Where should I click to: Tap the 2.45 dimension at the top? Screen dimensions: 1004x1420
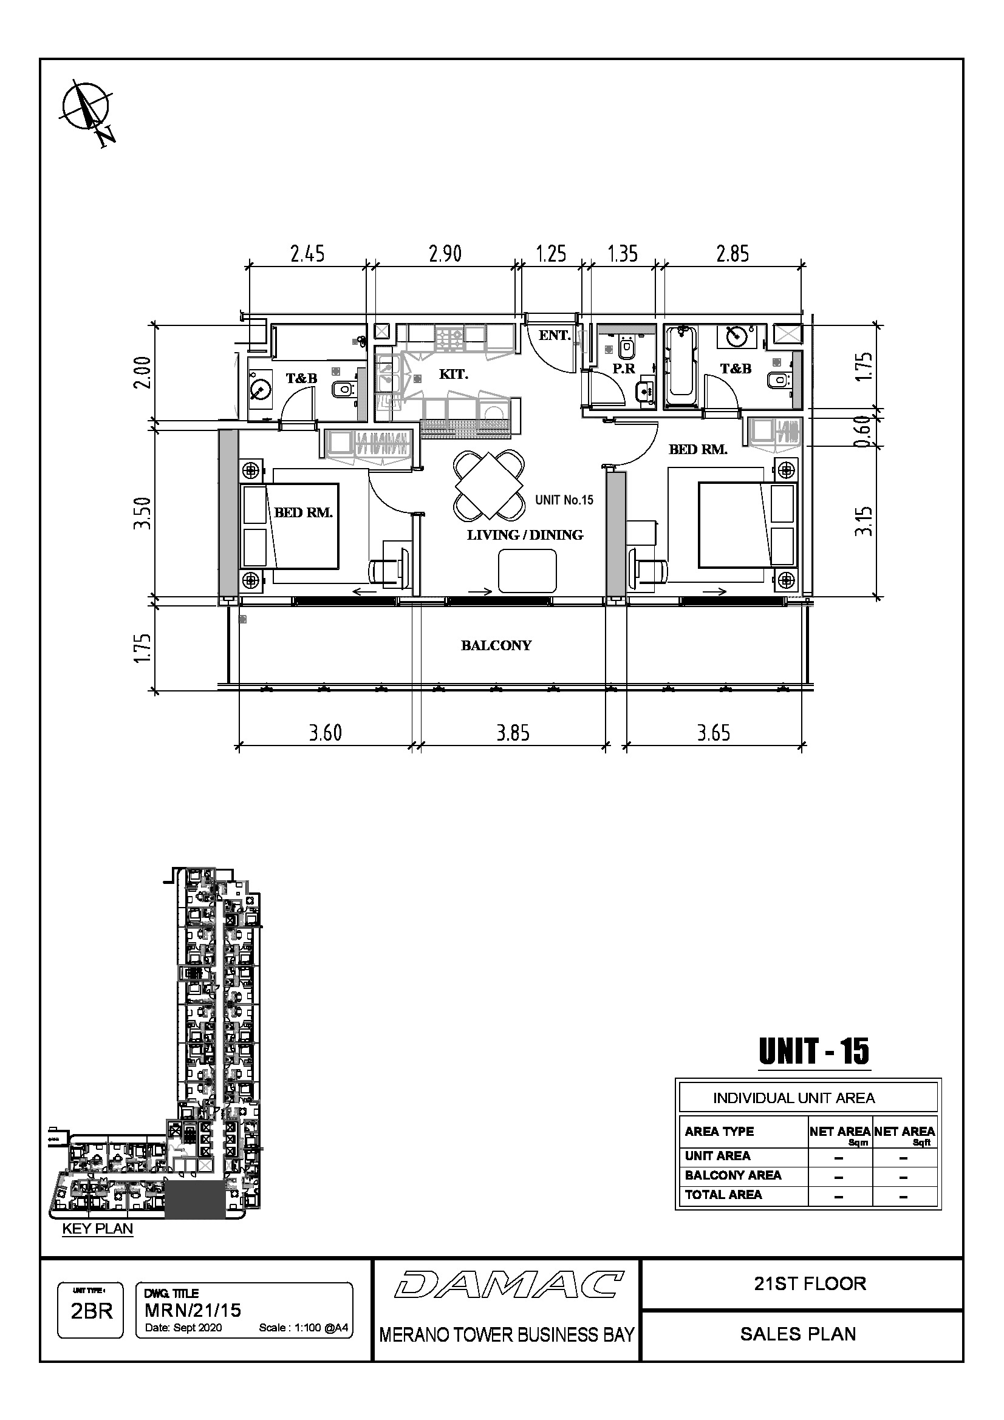(307, 254)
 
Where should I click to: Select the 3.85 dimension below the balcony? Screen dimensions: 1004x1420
(513, 733)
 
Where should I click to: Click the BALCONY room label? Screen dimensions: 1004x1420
(496, 646)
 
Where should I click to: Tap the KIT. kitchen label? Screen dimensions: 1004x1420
(454, 374)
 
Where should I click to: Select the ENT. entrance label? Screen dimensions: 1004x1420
(555, 335)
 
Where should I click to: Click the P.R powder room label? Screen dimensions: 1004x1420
(624, 369)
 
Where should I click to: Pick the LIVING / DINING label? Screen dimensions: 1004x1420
(525, 535)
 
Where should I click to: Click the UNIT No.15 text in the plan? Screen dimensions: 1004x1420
(564, 500)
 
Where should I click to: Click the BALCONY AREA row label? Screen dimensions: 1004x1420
(733, 1175)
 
